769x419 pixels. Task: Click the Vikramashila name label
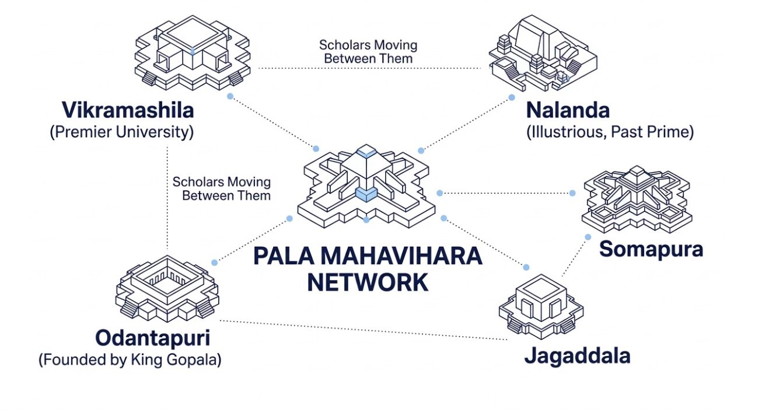point(128,110)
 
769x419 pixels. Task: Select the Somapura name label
point(651,249)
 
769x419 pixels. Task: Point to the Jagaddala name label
point(577,355)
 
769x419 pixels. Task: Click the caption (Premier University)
point(121,132)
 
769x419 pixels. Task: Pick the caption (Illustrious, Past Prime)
point(610,132)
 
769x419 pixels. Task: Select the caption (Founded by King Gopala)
point(130,360)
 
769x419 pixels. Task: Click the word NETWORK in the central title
point(367,283)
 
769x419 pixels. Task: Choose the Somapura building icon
point(637,198)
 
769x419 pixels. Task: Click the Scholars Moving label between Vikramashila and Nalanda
point(368,51)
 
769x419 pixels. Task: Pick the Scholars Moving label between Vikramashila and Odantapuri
point(222,188)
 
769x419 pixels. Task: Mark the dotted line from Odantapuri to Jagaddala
point(362,330)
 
